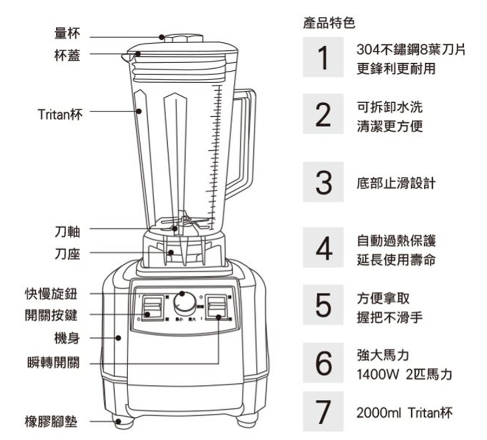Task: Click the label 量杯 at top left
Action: (67, 34)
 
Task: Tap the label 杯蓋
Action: (67, 55)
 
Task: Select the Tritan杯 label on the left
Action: (60, 115)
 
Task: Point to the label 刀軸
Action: (67, 232)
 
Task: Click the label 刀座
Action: (67, 254)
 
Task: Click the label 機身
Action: (67, 338)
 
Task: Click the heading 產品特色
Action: (328, 23)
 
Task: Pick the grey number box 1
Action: (323, 58)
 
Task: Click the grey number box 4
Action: (323, 248)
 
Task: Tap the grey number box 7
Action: (323, 412)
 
